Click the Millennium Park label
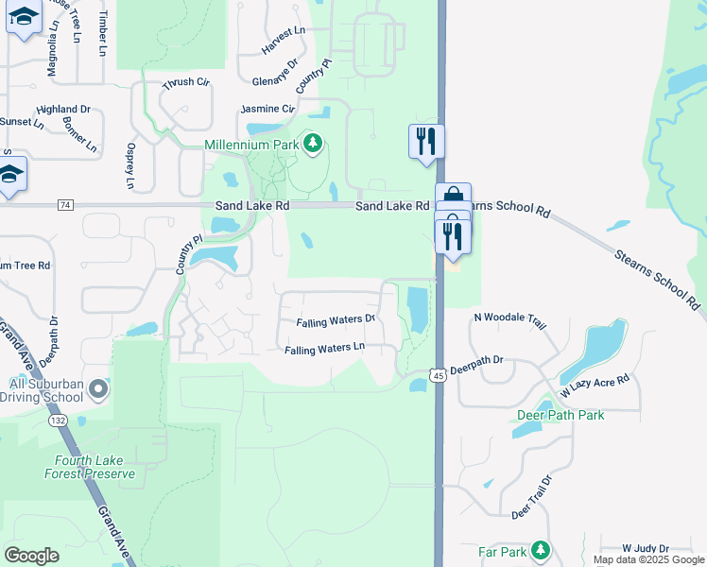[250, 145]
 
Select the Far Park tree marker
[541, 549]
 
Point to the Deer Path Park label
[560, 415]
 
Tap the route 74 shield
[64, 205]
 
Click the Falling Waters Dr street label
[336, 322]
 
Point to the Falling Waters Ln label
[325, 350]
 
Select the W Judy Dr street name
[646, 548]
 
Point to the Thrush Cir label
[185, 83]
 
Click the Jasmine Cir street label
[267, 109]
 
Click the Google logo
[31, 556]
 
